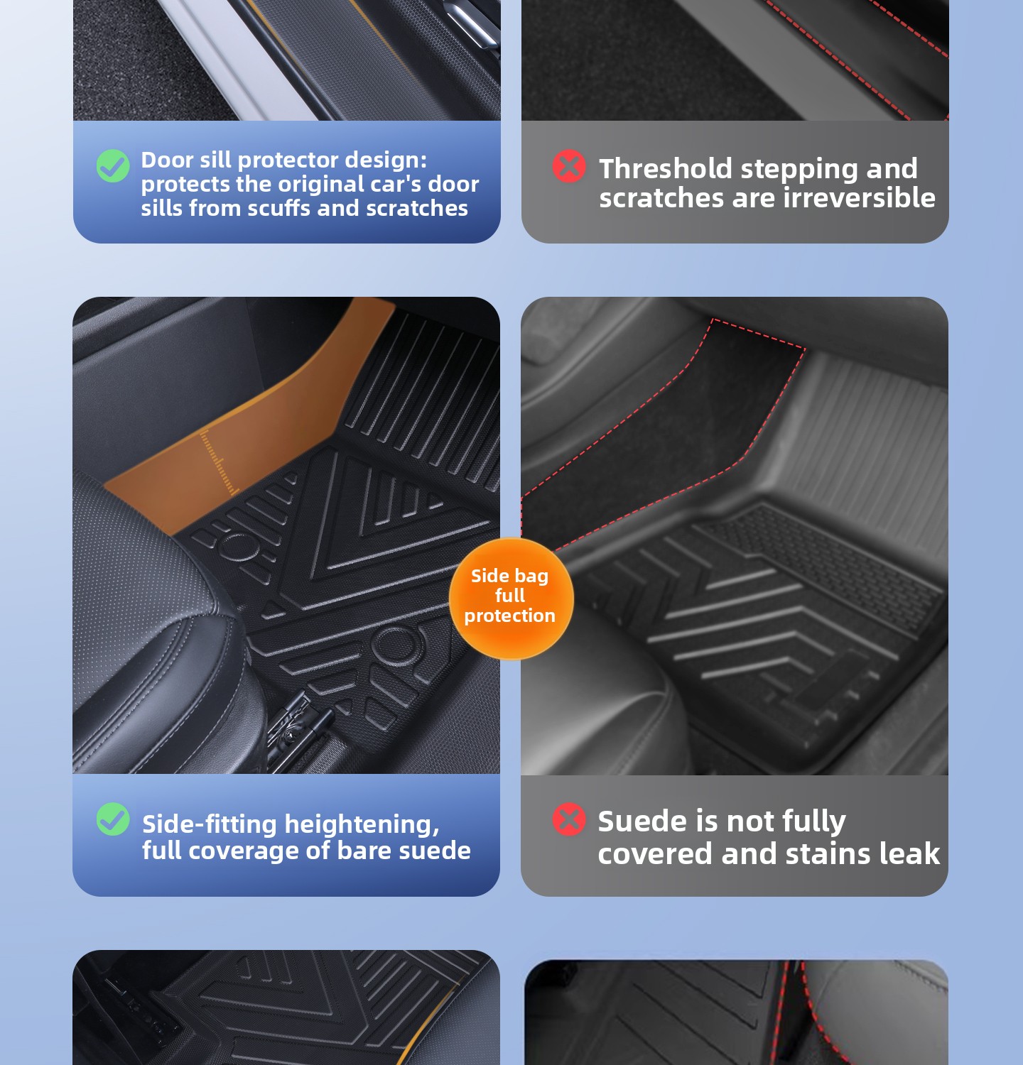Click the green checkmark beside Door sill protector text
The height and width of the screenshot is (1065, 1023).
(x=113, y=166)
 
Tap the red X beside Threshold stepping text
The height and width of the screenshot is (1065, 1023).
(x=569, y=166)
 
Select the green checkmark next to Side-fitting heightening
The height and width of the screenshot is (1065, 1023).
(x=113, y=819)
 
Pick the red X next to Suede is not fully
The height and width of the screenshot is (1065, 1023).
(x=569, y=819)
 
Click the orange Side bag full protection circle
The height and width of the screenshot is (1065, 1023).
(x=511, y=598)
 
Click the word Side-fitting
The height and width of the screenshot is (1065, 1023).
(x=210, y=824)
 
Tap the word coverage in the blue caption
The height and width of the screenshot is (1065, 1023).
(x=250, y=851)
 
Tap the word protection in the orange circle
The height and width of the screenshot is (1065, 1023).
(x=510, y=616)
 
